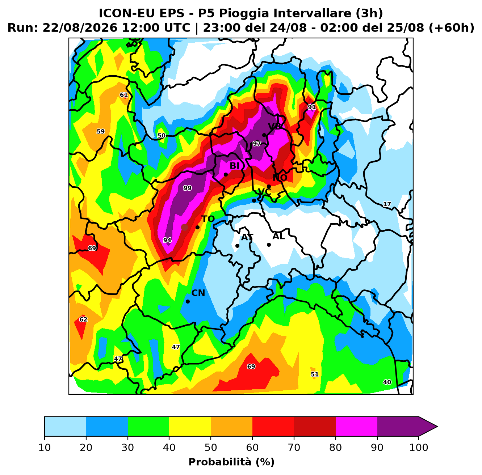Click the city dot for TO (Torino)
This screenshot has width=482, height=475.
point(197,227)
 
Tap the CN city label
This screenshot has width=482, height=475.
point(198,293)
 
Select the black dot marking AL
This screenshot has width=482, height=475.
point(269,245)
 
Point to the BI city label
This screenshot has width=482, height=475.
point(234,165)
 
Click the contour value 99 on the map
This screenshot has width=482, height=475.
point(187,188)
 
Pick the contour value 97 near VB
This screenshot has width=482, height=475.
point(257,144)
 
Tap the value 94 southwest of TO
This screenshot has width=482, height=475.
point(167,240)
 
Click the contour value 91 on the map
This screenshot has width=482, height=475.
point(312,107)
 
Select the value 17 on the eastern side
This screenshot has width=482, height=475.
point(387,204)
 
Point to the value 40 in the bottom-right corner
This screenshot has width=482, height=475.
point(387,382)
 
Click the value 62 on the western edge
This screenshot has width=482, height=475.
point(83,319)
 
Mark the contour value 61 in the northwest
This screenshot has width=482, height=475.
point(124,95)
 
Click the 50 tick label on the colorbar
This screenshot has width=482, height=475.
point(211,447)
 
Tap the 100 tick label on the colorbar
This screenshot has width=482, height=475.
point(419,447)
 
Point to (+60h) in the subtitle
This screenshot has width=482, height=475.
point(452,28)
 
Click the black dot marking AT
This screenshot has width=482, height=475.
point(237,246)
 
